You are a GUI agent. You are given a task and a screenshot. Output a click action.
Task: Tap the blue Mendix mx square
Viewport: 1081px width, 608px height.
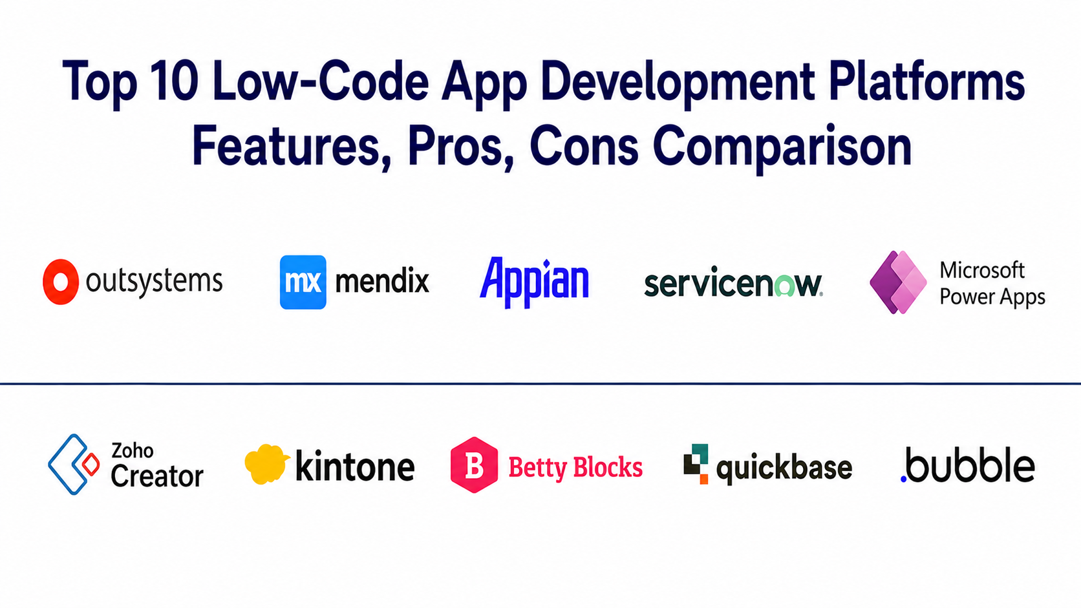click(x=303, y=282)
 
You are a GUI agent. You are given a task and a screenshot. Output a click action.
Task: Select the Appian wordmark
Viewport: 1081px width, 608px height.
click(x=534, y=282)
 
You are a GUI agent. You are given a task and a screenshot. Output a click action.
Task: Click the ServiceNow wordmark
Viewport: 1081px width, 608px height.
click(x=734, y=282)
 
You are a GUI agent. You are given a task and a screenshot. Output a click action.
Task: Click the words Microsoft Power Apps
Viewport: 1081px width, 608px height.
click(x=992, y=284)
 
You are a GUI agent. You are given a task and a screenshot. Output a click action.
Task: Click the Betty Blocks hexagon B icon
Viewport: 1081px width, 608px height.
click(x=474, y=465)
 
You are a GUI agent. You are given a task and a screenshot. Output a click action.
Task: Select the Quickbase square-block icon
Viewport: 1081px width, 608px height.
click(x=696, y=464)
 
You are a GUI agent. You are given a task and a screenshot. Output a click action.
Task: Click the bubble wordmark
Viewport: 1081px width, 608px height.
click(x=968, y=465)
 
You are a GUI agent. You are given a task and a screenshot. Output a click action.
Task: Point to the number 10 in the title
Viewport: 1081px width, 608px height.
click(x=174, y=81)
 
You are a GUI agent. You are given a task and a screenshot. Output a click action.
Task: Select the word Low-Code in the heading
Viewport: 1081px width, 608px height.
click(x=321, y=81)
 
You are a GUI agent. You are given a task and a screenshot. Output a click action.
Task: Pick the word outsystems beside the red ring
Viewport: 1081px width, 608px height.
click(x=155, y=281)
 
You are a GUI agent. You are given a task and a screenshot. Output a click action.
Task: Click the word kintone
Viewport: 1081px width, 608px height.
click(x=355, y=466)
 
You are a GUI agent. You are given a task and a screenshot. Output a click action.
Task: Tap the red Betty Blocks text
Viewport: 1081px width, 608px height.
click(x=575, y=466)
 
